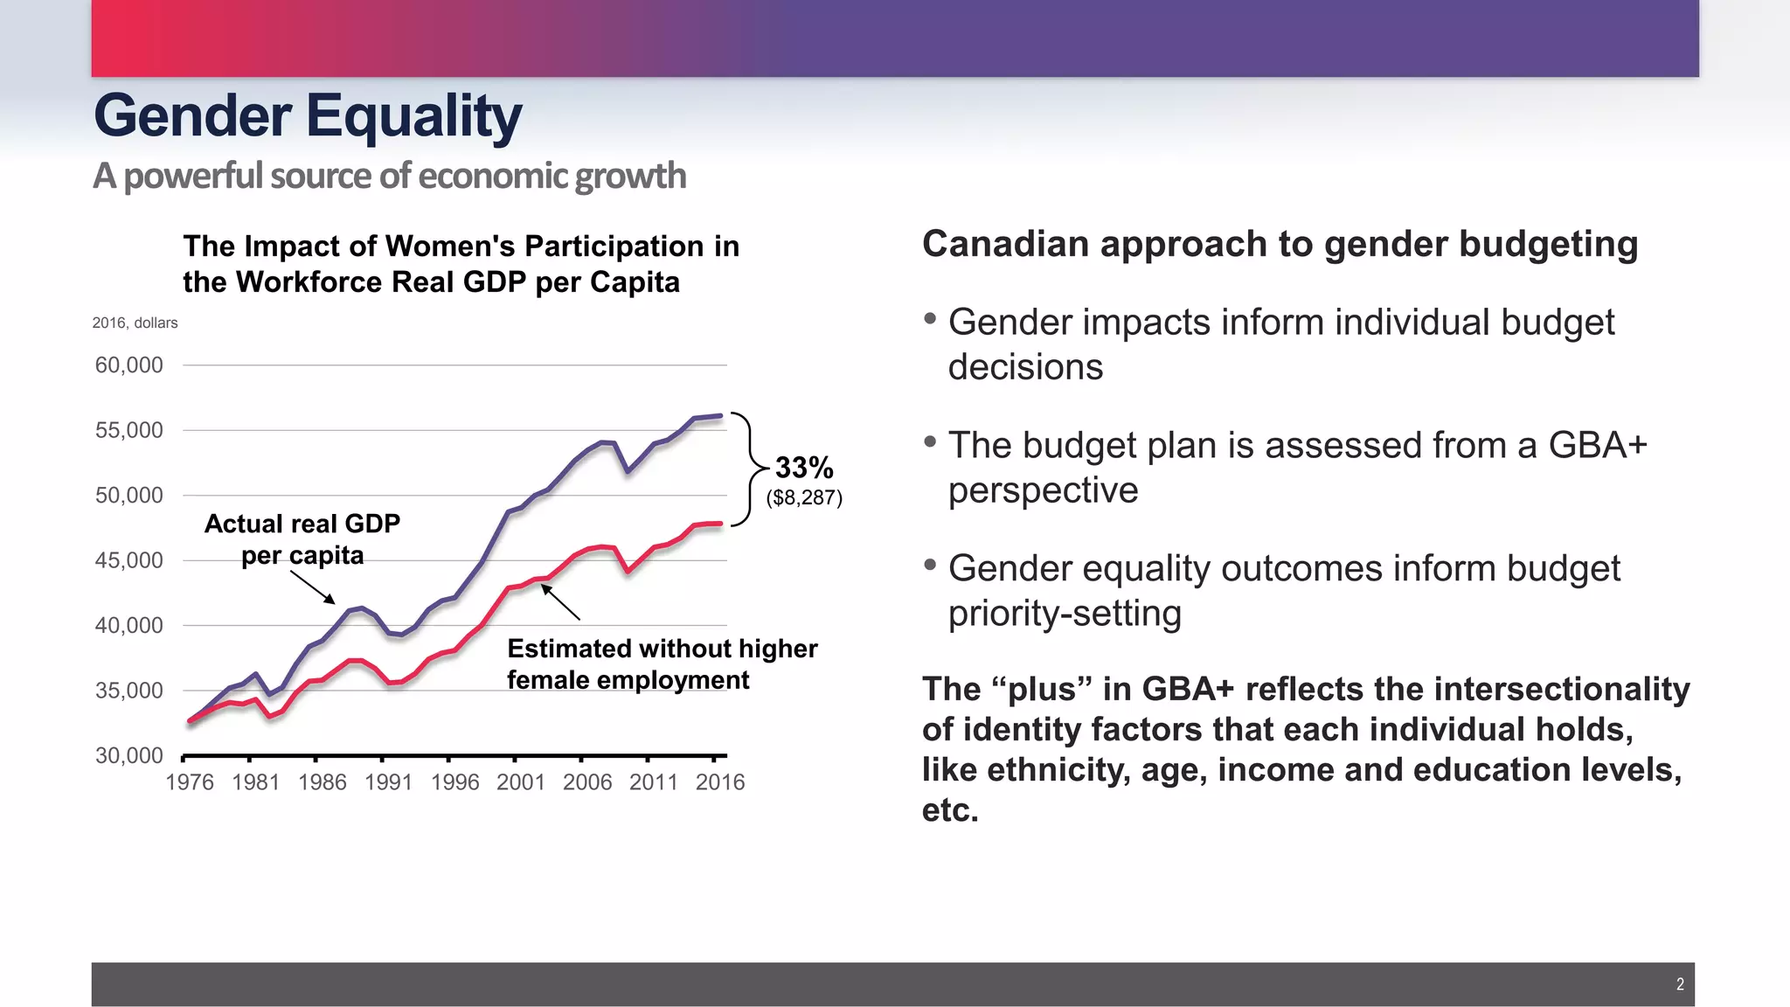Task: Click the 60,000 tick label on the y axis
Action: pos(128,365)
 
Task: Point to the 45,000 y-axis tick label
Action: pos(128,560)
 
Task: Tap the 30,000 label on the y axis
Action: pos(128,755)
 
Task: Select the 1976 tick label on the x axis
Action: pos(190,782)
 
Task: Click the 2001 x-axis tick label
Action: pos(521,782)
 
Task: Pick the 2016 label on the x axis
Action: pos(720,782)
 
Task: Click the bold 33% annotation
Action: pos(804,468)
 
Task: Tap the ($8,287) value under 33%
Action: pos(804,498)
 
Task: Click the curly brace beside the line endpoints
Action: pos(745,469)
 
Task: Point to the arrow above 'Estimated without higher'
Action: pos(560,602)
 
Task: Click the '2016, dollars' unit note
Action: pos(135,323)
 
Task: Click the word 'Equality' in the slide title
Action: pos(413,116)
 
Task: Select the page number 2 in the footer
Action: pos(1680,984)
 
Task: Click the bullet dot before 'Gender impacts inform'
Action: pos(930,318)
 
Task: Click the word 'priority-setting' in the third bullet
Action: pos(1065,614)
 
